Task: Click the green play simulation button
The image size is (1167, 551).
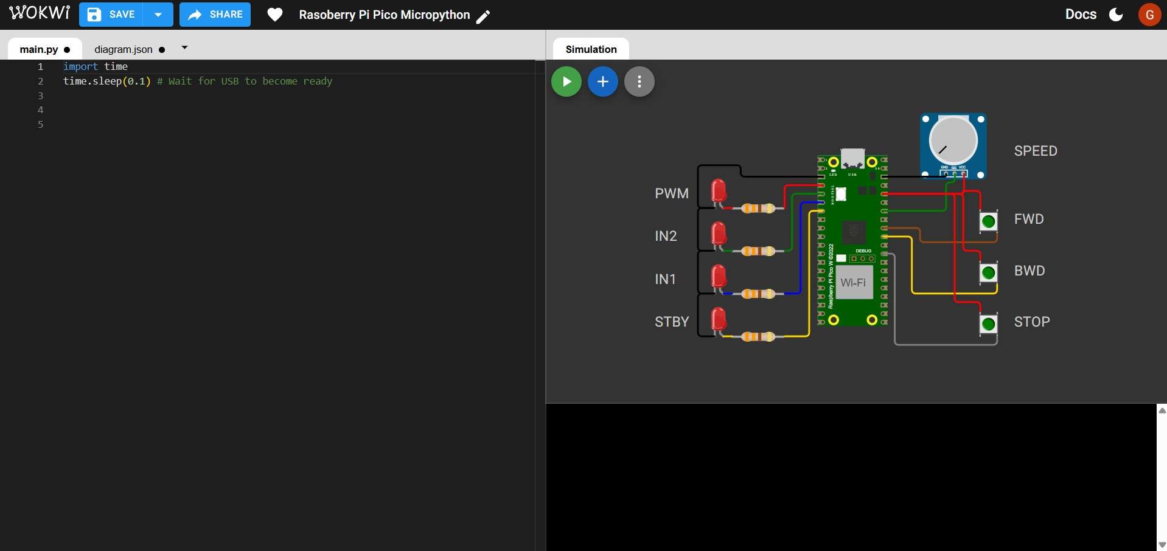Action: click(566, 81)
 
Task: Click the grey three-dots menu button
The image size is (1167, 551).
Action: click(639, 81)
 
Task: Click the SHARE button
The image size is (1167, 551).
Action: click(215, 15)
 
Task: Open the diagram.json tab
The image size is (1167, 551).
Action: click(124, 49)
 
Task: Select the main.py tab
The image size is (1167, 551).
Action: click(39, 49)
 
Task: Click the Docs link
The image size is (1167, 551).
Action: click(1081, 15)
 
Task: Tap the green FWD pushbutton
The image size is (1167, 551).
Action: click(988, 221)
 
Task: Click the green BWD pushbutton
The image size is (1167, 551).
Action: click(988, 272)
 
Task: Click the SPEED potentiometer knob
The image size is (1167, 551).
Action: click(953, 140)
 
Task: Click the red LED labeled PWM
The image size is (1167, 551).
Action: click(719, 190)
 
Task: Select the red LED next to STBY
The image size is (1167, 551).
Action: click(719, 319)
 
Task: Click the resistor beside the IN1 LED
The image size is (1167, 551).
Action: click(758, 294)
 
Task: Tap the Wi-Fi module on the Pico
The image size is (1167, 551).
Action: click(853, 283)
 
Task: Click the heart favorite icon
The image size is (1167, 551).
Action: click(275, 15)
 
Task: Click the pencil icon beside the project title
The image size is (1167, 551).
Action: click(483, 16)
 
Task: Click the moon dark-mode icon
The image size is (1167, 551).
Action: click(1116, 15)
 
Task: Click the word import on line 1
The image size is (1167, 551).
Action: click(80, 66)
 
